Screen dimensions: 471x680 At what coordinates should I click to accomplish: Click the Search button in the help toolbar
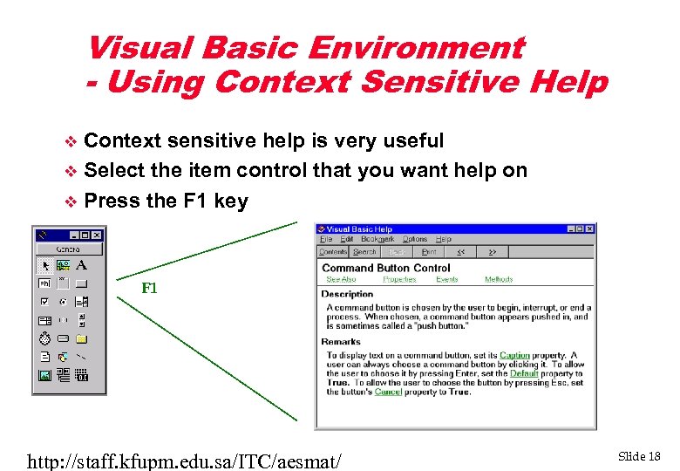coord(364,252)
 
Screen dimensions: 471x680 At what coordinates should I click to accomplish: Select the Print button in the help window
coord(429,252)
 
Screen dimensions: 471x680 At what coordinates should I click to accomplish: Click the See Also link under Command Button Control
coord(340,279)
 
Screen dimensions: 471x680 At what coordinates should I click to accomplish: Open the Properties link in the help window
coord(399,279)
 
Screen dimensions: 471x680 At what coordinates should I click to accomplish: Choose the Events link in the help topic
coord(446,279)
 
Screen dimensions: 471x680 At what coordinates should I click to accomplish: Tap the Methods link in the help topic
coord(499,279)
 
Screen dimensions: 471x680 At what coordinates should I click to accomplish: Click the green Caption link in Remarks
coord(514,356)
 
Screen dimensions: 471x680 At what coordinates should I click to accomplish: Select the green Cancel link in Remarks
coord(388,392)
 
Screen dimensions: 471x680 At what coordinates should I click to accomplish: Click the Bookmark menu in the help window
coord(377,239)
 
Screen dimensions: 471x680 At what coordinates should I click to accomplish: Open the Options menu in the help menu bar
coord(414,239)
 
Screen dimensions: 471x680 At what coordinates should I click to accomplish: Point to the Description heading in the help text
coord(347,294)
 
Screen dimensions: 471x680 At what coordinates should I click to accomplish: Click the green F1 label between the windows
coord(149,289)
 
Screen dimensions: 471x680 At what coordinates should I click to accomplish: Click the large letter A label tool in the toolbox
coord(81,265)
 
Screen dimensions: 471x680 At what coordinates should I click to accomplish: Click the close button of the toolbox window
coord(97,235)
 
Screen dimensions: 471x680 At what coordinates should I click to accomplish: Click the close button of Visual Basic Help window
coord(590,229)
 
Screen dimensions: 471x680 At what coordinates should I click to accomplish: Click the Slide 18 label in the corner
coord(639,456)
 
